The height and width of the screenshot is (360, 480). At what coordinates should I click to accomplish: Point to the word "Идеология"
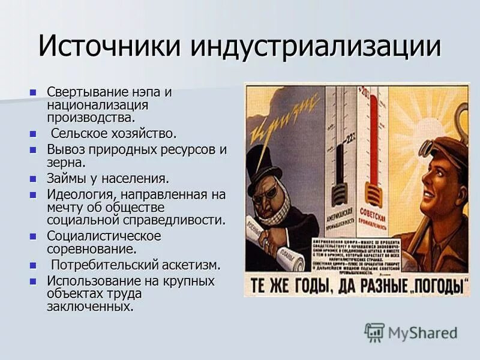[x=80, y=194]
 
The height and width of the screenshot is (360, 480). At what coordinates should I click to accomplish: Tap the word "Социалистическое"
[x=104, y=235]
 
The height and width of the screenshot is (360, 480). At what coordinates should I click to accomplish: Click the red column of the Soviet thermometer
[x=373, y=144]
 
